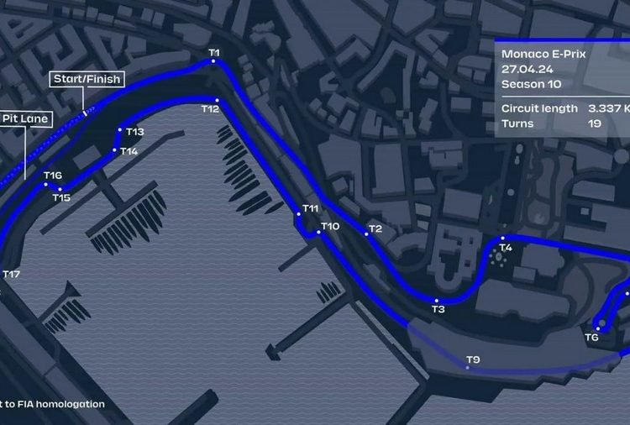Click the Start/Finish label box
pos(87,80)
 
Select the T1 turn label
pos(214,54)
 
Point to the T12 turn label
pos(210,108)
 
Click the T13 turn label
pos(135,132)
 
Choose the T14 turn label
pos(129,151)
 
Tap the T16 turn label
pos(53,176)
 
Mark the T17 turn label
pos(11,274)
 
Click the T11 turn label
pos(311,208)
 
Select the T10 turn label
pos(330,226)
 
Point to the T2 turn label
pos(375,228)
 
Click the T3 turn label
pos(438,309)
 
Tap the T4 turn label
pos(505,248)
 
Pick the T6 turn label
pos(591,337)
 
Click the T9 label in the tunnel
pos(473,360)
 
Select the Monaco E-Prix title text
pos(544,54)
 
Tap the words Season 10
pos(530,84)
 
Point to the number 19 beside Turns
pos(595,123)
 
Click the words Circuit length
pos(539,108)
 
